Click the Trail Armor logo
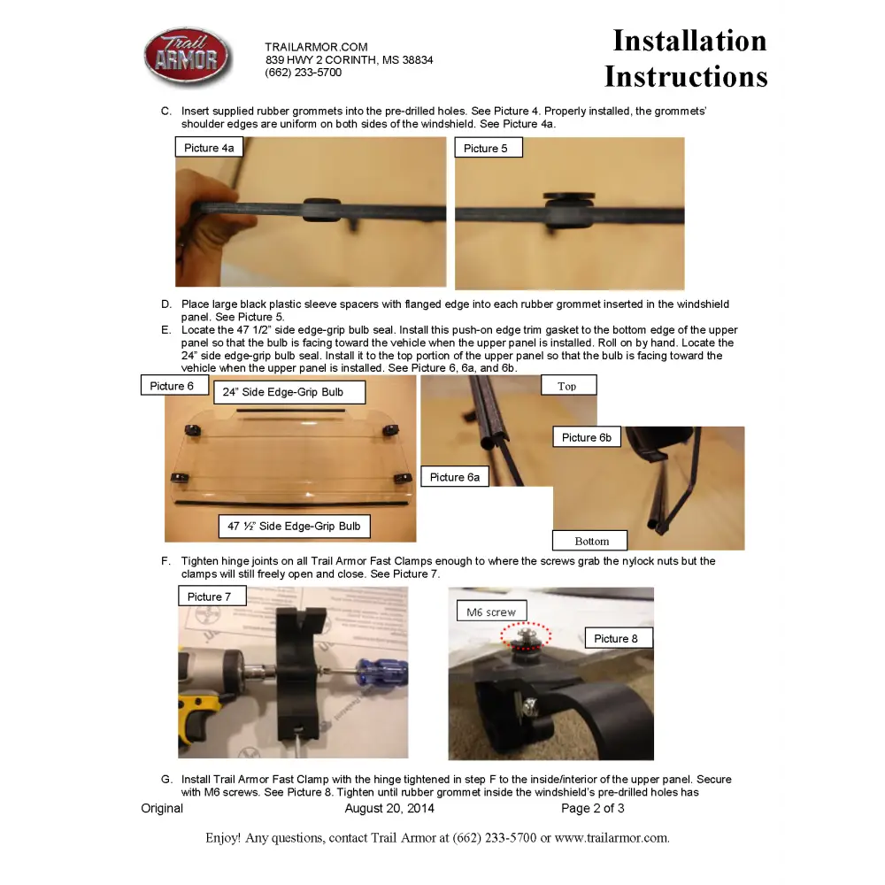[187, 57]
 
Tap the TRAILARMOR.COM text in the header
[316, 47]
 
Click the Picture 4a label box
[209, 147]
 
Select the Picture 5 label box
[489, 148]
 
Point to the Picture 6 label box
[174, 386]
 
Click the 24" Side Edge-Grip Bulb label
[289, 392]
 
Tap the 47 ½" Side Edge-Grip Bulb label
[294, 526]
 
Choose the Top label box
[568, 386]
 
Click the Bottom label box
[589, 541]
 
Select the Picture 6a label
[455, 477]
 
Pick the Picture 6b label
[587, 437]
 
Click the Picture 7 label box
[212, 596]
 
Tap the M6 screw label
[491, 612]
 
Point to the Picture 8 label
[619, 638]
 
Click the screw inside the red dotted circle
[526, 636]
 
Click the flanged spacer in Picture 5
[569, 211]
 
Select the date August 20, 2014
[389, 808]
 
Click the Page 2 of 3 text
[593, 808]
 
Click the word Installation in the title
[689, 41]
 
